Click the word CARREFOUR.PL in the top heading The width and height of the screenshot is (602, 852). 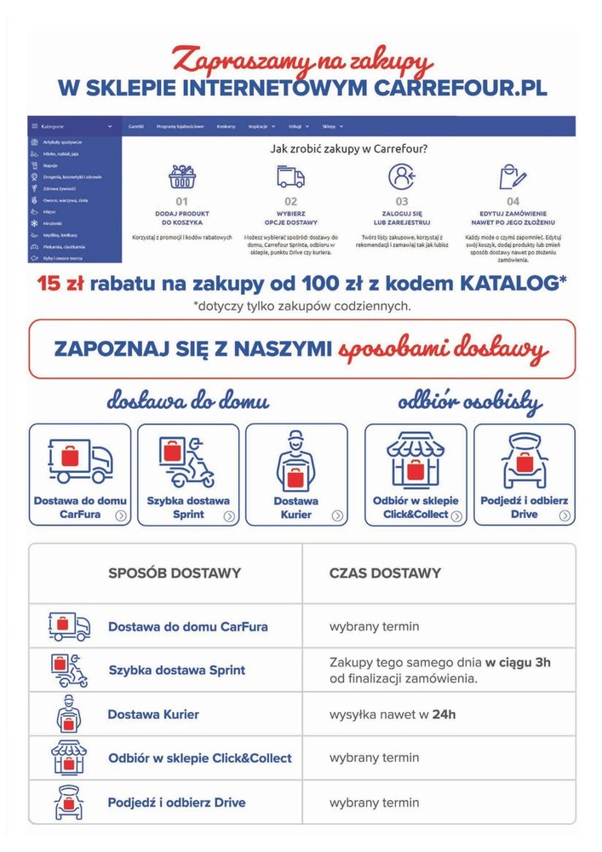[459, 88]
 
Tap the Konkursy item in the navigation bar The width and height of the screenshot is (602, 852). [226, 126]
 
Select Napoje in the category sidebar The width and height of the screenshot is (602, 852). [52, 165]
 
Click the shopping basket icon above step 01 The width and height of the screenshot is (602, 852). [181, 177]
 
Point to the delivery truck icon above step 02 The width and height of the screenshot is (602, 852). [290, 177]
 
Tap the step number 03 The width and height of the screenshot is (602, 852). [402, 202]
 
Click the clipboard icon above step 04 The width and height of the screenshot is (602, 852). [513, 177]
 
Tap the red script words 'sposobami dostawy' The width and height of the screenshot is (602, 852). [443, 349]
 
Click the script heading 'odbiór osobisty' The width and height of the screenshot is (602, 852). [470, 400]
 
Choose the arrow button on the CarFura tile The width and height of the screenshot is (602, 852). [122, 515]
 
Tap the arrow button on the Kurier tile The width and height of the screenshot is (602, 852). [338, 515]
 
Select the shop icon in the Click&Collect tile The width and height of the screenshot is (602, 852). [416, 460]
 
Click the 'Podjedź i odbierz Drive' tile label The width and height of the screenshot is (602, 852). [524, 508]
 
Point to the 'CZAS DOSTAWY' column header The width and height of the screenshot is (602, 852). [385, 573]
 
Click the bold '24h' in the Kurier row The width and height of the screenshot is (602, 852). [444, 714]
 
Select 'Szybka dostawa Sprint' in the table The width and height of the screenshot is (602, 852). [176, 670]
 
